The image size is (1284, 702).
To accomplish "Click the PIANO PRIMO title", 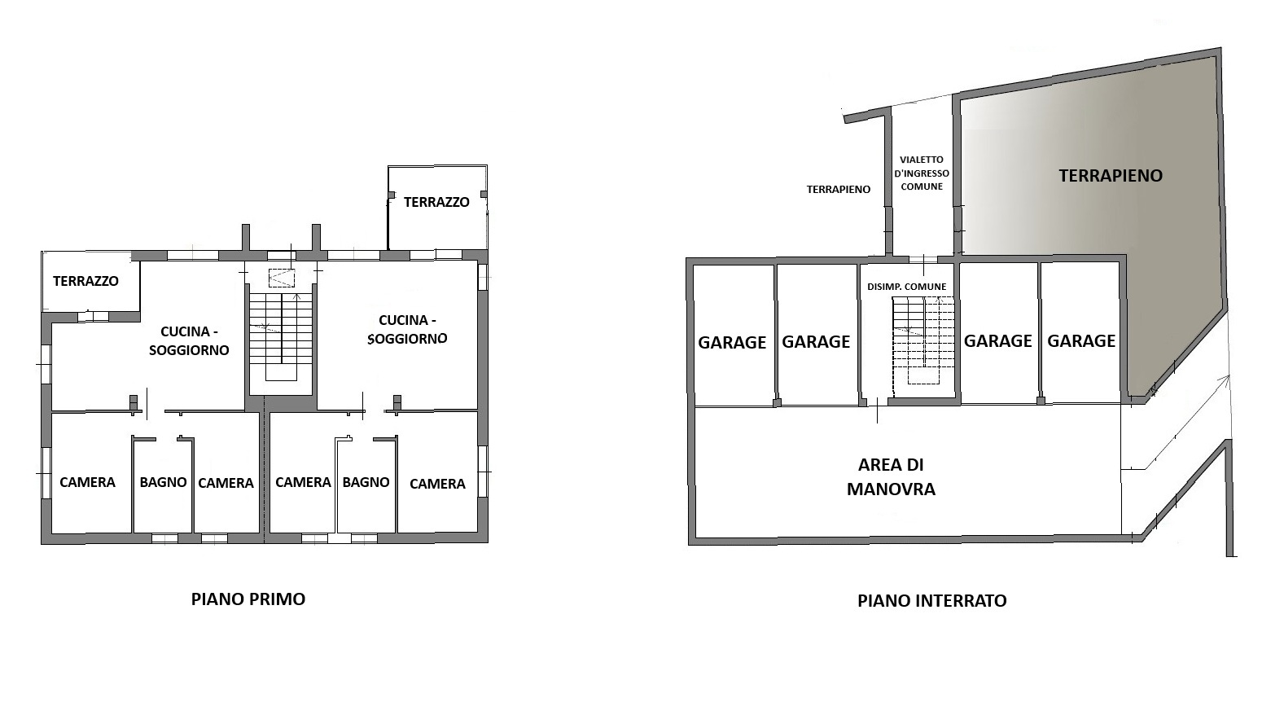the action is click(248, 599).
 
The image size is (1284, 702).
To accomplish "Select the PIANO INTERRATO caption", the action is click(932, 600).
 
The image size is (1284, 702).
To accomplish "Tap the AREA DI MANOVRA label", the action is click(891, 476).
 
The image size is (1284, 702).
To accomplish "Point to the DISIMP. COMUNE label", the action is click(907, 287).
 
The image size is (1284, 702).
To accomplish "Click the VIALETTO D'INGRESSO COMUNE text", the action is click(922, 173).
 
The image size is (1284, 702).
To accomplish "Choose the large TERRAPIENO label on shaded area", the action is click(1111, 176).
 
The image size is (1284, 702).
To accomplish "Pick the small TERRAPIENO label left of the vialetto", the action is click(839, 189).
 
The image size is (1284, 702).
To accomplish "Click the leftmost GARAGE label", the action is click(732, 342).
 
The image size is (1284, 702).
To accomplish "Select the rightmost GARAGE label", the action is click(1081, 341).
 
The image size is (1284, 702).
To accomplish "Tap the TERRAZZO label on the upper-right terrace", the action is click(436, 202).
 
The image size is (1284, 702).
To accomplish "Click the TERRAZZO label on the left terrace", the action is click(86, 281).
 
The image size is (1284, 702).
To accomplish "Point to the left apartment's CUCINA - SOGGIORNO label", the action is click(189, 340).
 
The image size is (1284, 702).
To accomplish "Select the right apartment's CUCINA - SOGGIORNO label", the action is click(407, 330).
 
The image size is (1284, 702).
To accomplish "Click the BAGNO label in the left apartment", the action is click(164, 482).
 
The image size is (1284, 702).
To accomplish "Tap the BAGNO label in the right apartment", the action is click(366, 482).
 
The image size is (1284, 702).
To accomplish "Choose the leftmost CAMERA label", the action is click(88, 482).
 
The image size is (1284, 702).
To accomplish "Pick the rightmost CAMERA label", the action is click(437, 484).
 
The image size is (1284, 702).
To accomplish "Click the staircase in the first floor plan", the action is click(281, 337).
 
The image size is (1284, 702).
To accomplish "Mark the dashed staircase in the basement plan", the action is click(923, 340).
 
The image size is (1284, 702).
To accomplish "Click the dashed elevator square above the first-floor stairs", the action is click(282, 279).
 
